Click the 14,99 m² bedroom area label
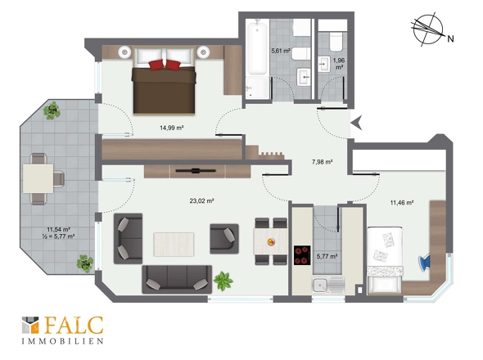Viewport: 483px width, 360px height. pos(172,128)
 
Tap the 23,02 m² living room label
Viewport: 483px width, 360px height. pos(201,200)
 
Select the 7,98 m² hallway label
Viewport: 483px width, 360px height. pos(322,162)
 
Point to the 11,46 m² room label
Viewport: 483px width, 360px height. pos(402,203)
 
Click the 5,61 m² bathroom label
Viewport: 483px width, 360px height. pos(280,51)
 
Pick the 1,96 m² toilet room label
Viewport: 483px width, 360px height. pos(339,64)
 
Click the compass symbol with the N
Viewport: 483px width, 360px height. pos(429,29)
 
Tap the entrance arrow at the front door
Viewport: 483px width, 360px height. pos(357,124)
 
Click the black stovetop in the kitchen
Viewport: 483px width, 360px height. pos(302,255)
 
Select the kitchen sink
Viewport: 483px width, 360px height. pos(328,285)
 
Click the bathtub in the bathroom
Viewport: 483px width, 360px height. pos(257,47)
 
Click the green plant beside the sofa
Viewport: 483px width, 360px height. pos(223,281)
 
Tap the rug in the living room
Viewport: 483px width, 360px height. pos(174,245)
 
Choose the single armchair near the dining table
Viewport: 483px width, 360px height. pos(224,239)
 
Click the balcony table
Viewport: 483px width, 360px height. pos(38,178)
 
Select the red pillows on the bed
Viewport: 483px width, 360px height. pos(165,65)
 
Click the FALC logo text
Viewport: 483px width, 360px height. pos(74,325)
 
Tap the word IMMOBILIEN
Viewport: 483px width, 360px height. pos(62,341)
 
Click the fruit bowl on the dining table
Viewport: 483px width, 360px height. pos(271,241)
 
